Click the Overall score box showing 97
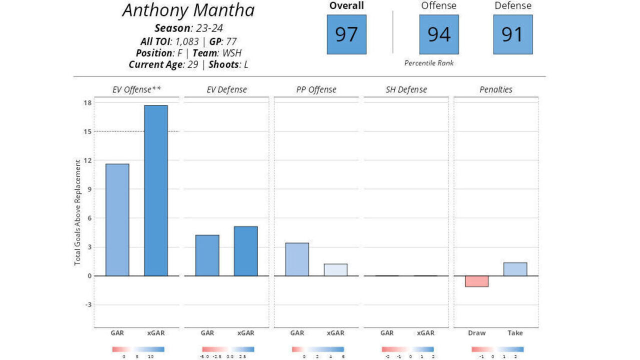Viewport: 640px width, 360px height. point(346,34)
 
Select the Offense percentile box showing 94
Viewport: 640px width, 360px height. point(439,34)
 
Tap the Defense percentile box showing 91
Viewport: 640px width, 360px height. point(512,34)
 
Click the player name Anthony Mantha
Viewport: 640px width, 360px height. point(188,10)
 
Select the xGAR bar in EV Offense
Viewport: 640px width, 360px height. point(156,190)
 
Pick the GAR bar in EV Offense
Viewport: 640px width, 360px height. point(117,220)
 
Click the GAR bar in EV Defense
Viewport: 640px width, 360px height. point(207,255)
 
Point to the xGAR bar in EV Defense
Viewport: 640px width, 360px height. point(245,251)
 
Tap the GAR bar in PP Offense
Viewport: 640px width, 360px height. point(297,259)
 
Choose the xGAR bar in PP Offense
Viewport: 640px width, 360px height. point(335,270)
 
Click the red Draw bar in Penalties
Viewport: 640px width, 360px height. point(476,281)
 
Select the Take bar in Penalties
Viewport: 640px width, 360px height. point(515,269)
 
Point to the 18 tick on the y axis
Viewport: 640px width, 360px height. point(87,103)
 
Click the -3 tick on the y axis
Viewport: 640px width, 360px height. point(87,304)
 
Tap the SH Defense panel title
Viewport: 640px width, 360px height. point(406,90)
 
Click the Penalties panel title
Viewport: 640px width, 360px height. point(495,90)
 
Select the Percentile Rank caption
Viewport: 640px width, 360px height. point(429,63)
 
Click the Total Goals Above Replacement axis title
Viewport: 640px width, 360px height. point(77,212)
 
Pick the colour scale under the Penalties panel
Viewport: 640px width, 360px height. point(497,349)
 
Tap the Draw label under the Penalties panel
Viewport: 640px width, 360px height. point(476,333)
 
